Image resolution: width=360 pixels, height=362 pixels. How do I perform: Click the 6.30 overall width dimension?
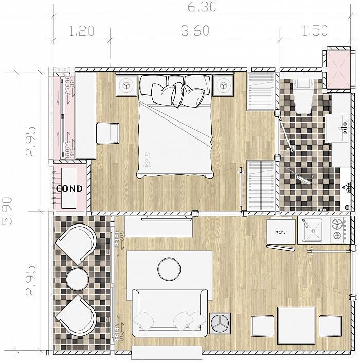pos(202,7)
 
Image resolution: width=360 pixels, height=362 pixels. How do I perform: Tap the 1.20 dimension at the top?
pos(82,31)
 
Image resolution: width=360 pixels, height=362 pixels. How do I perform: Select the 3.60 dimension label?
pos(195,30)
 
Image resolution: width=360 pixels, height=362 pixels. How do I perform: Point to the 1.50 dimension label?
pos(315,30)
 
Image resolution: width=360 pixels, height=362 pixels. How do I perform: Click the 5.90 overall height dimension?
pos(7,211)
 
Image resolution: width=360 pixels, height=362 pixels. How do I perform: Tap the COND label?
pos(69,189)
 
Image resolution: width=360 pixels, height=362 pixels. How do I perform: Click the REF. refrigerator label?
pos(280,232)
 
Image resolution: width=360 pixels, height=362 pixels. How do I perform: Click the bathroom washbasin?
pos(336,128)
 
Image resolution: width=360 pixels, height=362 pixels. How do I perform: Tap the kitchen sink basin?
pos(312,230)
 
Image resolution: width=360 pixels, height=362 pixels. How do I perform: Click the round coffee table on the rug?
pos(169,269)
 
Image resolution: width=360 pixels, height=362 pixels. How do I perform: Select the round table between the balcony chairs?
pos(78,279)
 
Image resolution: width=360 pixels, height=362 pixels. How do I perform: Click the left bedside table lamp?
pos(127,85)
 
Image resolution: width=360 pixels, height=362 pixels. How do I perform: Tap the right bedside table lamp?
pos(223,85)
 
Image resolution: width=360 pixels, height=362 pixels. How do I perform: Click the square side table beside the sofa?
pos(220,323)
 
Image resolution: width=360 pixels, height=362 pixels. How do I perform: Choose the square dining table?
pos(296,326)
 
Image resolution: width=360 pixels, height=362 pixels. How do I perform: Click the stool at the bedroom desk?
pos(107,134)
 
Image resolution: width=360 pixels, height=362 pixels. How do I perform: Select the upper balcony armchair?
pos(76,244)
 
